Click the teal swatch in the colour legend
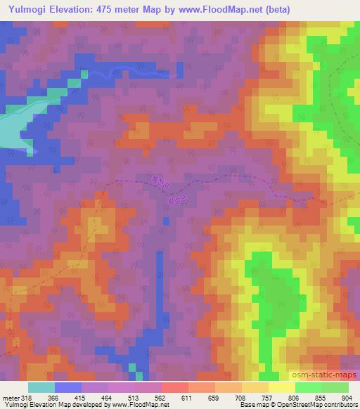41,387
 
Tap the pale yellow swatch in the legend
282,387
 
